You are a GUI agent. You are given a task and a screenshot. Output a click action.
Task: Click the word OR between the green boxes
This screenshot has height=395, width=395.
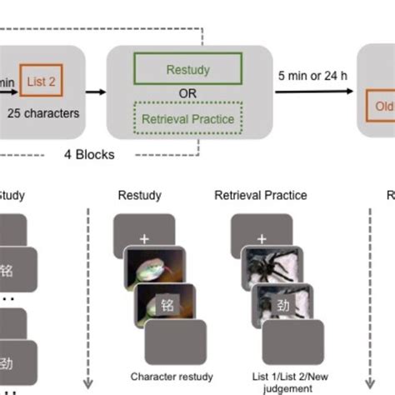click(188, 94)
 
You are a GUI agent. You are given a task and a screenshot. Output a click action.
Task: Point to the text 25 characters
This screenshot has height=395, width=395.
click(44, 111)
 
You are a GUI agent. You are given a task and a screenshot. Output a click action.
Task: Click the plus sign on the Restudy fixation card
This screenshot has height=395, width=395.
click(144, 237)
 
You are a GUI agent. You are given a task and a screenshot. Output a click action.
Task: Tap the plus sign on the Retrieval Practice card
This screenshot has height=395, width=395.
click(260, 237)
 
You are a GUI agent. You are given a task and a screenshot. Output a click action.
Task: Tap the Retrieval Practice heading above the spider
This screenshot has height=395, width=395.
click(261, 195)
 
